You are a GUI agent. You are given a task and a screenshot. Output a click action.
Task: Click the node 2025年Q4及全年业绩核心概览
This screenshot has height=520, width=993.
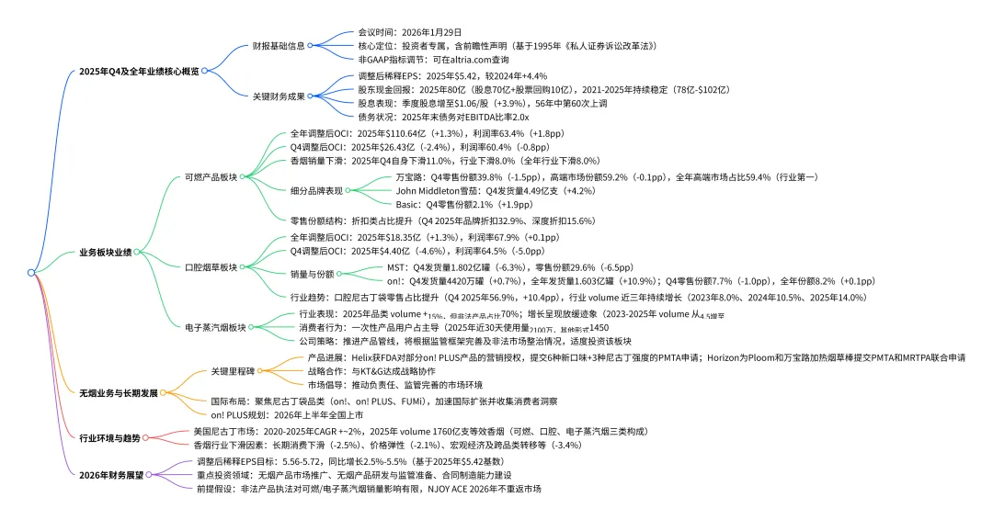click(x=139, y=70)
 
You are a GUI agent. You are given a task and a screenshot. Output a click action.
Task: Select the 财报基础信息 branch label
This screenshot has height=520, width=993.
click(x=279, y=44)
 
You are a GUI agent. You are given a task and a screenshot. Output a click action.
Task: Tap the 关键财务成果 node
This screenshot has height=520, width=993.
click(x=279, y=96)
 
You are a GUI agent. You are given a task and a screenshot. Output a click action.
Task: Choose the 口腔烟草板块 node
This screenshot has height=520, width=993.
click(x=211, y=266)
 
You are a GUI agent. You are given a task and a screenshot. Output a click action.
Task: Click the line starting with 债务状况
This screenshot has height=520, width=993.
click(x=443, y=117)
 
